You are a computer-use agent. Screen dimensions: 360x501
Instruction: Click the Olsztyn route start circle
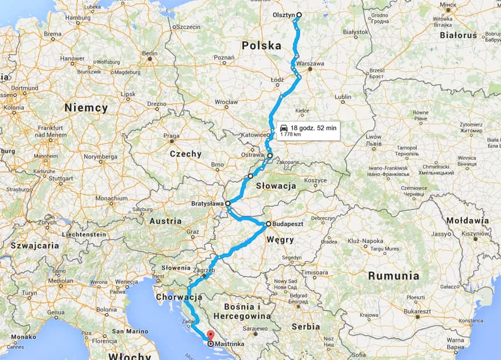pos(299,15)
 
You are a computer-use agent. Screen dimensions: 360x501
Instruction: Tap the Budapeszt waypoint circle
pos(268,224)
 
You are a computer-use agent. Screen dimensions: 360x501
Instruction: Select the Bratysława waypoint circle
pos(228,203)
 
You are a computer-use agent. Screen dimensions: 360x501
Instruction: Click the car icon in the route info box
pos(283,127)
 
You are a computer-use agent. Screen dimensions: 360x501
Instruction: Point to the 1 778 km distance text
pos(290,134)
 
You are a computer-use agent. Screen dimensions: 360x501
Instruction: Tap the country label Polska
pos(262,45)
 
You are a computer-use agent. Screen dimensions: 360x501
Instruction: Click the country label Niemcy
pos(86,108)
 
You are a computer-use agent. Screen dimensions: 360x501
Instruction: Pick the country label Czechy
pos(185,154)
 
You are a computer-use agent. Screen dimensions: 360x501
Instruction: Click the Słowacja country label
pos(276,186)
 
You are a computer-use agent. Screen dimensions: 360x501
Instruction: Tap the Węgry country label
pos(280,240)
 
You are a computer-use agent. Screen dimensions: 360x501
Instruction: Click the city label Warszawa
pos(310,63)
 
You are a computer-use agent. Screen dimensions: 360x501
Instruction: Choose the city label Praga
pos(172,136)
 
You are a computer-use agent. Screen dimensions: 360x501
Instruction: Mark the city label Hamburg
pos(78,18)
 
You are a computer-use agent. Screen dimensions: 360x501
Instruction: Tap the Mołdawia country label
pos(467,221)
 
